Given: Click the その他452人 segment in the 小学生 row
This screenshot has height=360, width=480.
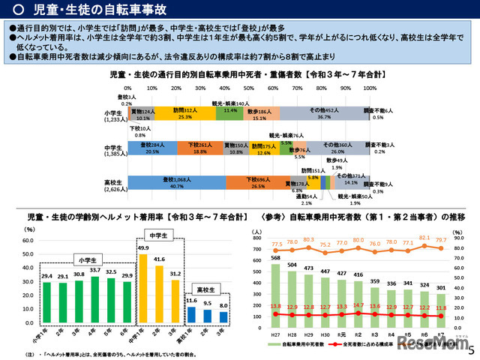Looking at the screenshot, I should [x=323, y=113].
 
